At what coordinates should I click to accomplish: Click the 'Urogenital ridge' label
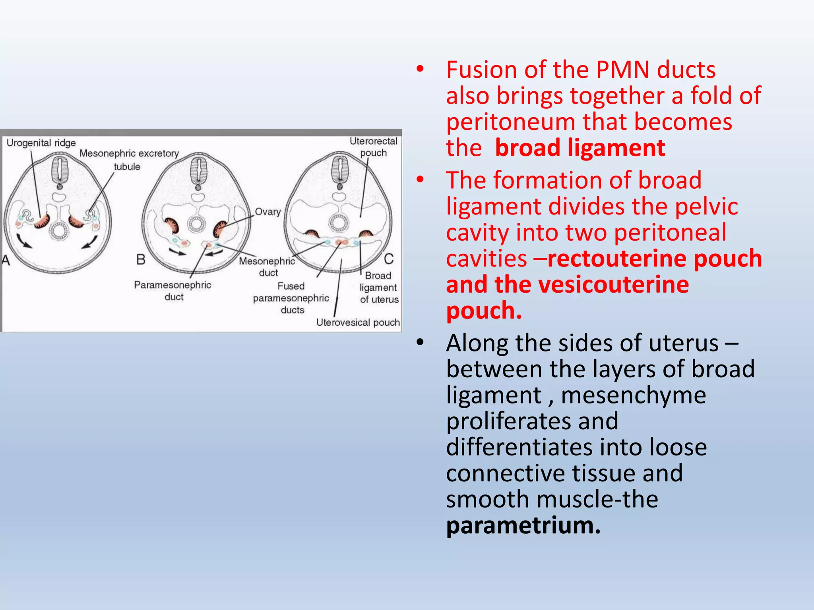41,143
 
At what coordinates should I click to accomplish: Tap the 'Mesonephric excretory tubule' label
129,159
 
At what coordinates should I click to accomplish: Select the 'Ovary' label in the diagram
267,212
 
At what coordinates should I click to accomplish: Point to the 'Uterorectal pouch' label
373,147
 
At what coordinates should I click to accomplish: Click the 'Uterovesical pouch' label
358,322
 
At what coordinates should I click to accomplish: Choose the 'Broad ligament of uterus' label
378,288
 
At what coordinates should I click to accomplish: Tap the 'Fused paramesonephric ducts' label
291,298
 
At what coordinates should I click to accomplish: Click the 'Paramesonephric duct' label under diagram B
172,291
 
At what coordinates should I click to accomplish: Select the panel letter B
141,260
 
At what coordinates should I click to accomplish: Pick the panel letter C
389,259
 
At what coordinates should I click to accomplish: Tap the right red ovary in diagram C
365,234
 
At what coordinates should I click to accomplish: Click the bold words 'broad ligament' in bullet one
580,148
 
